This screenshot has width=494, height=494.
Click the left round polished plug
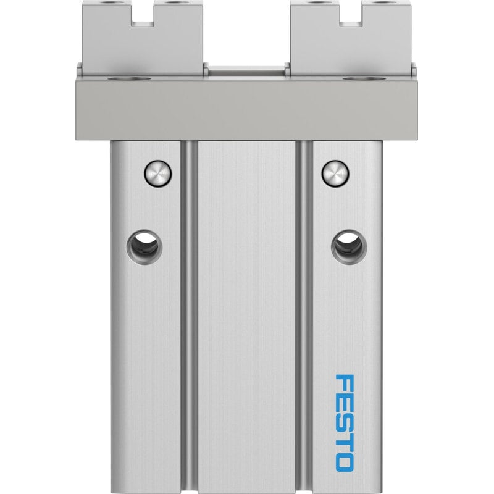pyautogui.click(x=158, y=174)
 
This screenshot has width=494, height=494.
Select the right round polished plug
pyautogui.click(x=335, y=174)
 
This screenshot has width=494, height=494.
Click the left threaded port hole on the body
pyautogui.click(x=144, y=246)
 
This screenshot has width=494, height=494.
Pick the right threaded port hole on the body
pyautogui.click(x=349, y=246)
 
